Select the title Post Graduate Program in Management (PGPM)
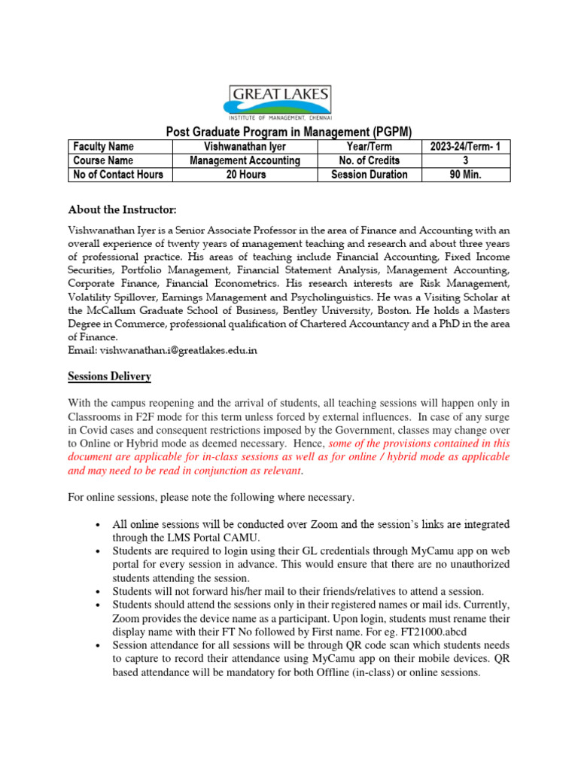pos(288,132)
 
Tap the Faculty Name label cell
pos(103,147)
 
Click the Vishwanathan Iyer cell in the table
pos(245,147)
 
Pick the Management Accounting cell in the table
pos(245,160)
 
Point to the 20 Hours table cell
pos(245,175)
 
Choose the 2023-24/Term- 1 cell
pos(465,147)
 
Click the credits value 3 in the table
pos(465,160)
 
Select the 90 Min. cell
pos(465,175)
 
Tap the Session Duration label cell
pos(369,175)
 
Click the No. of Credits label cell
pos(369,160)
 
